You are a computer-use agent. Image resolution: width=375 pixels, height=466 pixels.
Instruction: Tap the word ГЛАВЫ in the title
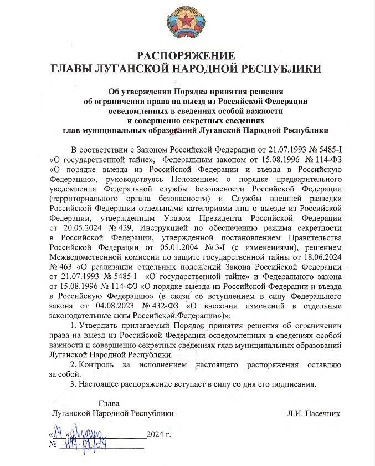(73, 69)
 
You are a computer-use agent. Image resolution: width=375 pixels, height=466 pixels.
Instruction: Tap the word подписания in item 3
(294, 384)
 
